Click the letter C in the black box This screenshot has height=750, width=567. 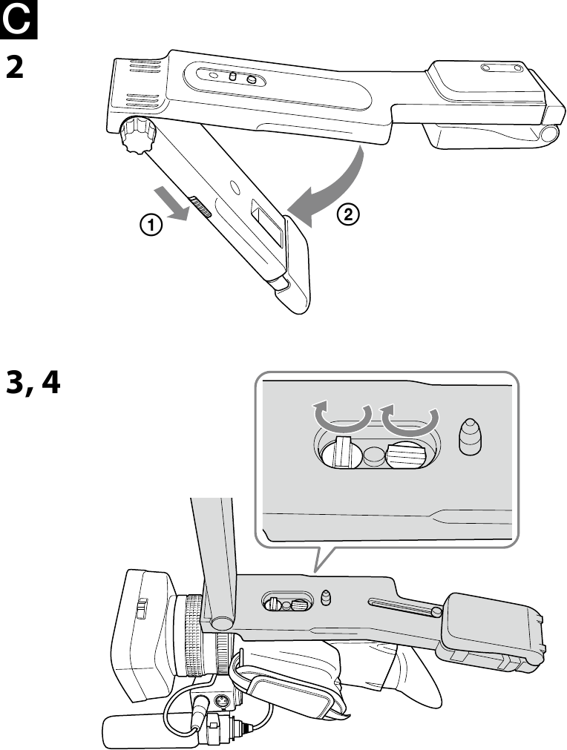[x=18, y=19]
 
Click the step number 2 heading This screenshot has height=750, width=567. [x=15, y=67]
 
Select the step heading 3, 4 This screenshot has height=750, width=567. [x=33, y=384]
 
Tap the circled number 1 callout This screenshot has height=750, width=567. [x=151, y=224]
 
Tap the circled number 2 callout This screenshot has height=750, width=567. [x=348, y=214]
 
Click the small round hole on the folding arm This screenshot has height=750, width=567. [x=235, y=185]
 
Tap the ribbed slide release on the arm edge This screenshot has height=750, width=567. [x=201, y=205]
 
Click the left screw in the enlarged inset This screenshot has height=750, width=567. [x=340, y=453]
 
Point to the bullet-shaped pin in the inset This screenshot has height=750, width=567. [x=470, y=436]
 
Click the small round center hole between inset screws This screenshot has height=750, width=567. [x=373, y=455]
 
